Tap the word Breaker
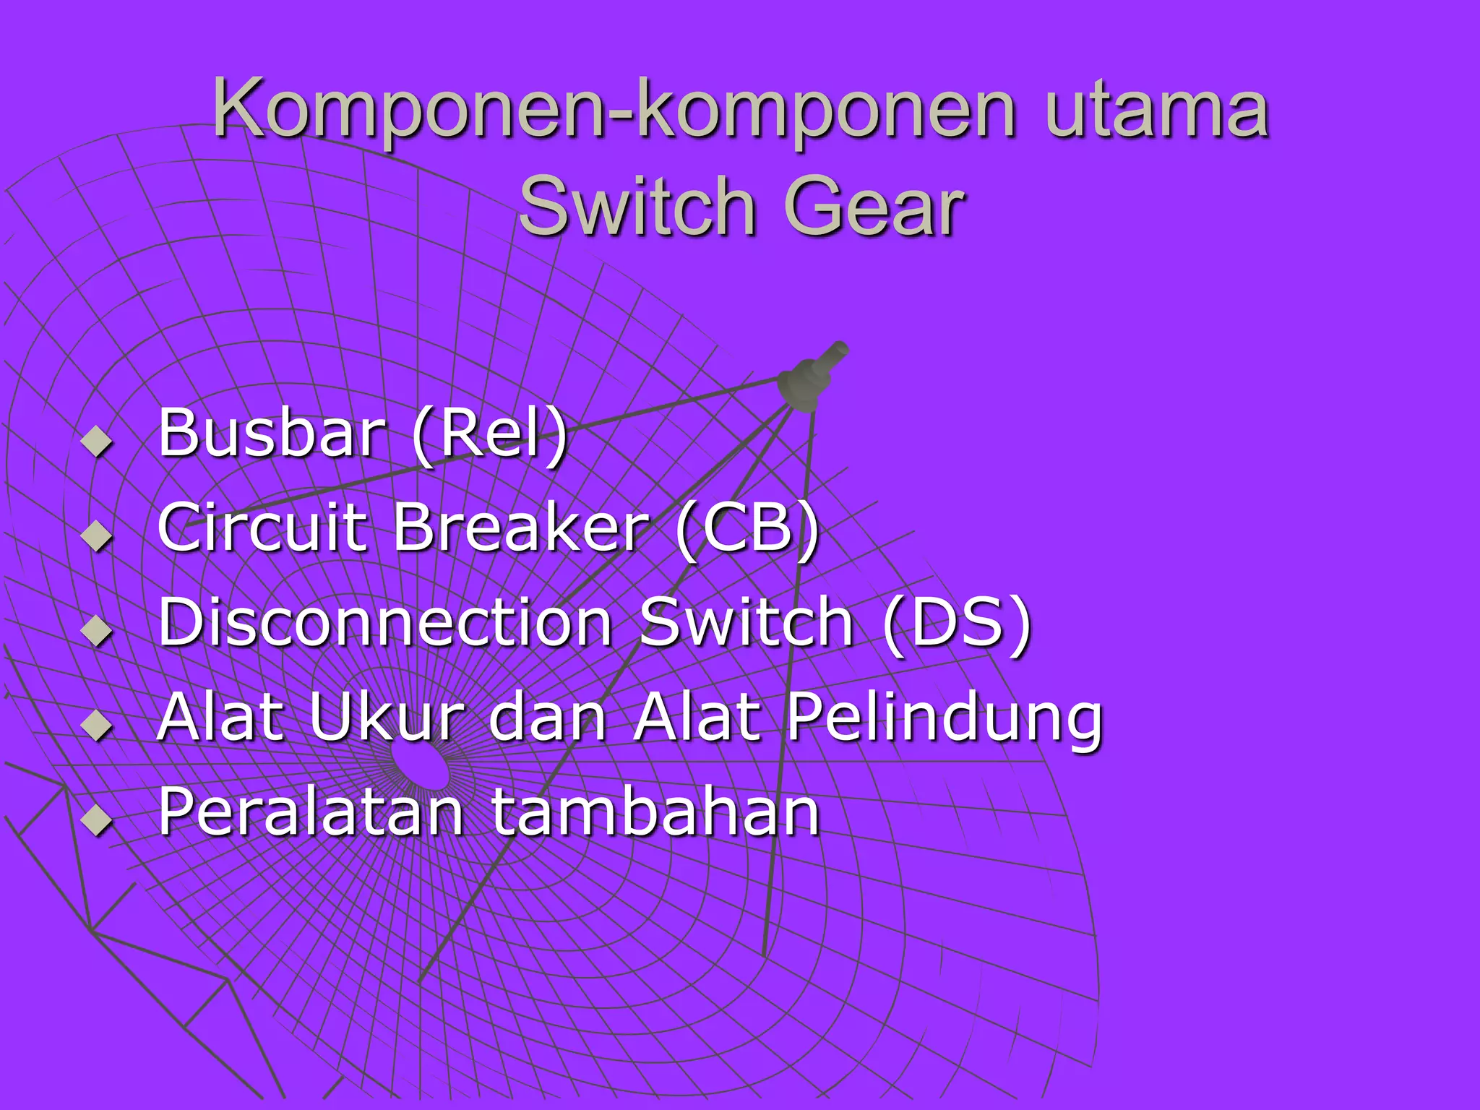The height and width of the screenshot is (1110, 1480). pyautogui.click(x=520, y=527)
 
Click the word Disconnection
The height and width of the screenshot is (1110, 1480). pyautogui.click(x=386, y=622)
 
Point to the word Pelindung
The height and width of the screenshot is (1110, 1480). pyautogui.click(x=944, y=720)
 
